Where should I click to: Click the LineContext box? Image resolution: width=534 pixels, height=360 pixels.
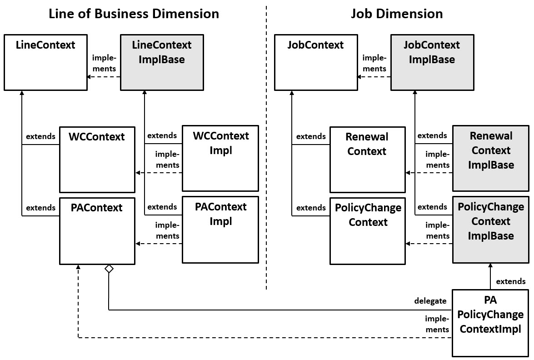click(45, 62)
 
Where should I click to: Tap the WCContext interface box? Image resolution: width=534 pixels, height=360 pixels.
click(97, 160)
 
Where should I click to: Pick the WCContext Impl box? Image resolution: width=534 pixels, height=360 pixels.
click(220, 158)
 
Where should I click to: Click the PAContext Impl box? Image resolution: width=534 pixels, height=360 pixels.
click(220, 230)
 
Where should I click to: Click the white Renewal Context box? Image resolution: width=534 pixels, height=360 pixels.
click(367, 160)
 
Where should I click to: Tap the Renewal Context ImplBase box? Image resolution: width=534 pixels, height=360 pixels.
click(491, 158)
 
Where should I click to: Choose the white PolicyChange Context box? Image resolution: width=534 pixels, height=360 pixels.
click(367, 230)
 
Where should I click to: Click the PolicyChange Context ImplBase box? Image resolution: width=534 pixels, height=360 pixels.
click(491, 230)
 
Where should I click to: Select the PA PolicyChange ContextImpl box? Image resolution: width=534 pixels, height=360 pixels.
click(491, 323)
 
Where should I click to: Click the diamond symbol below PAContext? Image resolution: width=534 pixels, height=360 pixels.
click(109, 269)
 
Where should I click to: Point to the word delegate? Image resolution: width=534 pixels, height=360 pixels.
click(430, 301)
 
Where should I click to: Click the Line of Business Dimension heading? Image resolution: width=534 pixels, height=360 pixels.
click(134, 14)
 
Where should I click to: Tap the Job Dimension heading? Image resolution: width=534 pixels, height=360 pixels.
click(396, 14)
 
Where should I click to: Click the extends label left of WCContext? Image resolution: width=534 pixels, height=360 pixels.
click(40, 136)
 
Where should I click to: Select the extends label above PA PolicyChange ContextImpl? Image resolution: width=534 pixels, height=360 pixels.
click(510, 281)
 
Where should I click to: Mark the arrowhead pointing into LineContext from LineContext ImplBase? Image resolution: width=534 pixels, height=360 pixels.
click(90, 77)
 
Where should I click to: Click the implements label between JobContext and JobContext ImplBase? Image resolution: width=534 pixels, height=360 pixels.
click(374, 64)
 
